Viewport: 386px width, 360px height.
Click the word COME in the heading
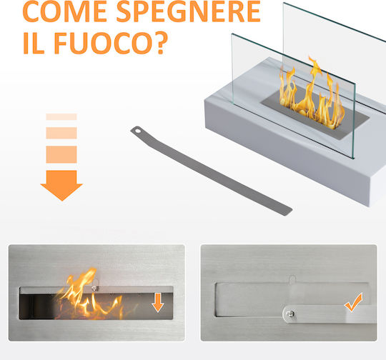(x=64, y=11)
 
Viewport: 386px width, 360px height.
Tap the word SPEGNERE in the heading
(x=189, y=11)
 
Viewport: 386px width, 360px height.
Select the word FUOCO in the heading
(x=103, y=43)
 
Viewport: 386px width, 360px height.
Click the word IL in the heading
(x=34, y=43)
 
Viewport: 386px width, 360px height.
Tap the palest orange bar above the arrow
(x=61, y=116)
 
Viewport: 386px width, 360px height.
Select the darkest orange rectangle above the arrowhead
(x=61, y=154)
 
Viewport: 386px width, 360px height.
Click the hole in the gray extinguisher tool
(x=138, y=131)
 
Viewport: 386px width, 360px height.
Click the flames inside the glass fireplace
(x=312, y=95)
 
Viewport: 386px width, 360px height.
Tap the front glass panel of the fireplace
(x=293, y=96)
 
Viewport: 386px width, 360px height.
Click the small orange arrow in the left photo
(x=158, y=302)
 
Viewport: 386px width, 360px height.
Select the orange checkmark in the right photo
(x=354, y=303)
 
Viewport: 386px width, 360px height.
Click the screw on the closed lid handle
(x=290, y=314)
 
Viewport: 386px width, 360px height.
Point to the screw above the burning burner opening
(x=94, y=289)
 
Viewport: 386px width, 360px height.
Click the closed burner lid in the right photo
(x=292, y=299)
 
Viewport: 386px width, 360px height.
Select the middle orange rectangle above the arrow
(x=61, y=133)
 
